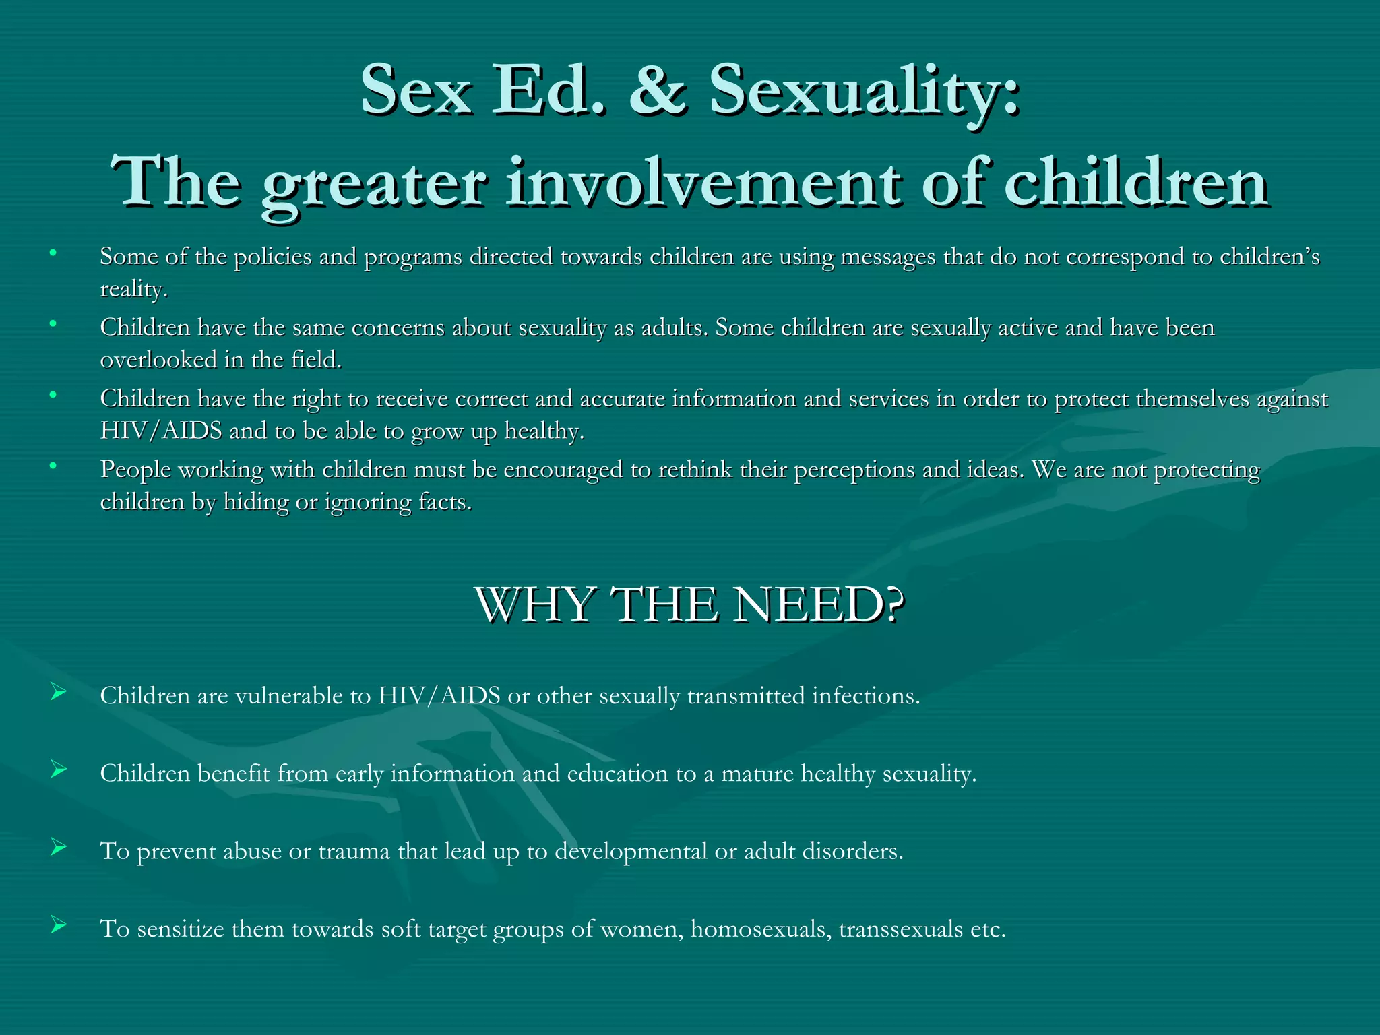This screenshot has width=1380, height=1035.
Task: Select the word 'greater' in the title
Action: (x=373, y=183)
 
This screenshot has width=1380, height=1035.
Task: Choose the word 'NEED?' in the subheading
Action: (x=819, y=604)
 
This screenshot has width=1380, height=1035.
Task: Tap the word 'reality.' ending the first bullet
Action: (x=133, y=289)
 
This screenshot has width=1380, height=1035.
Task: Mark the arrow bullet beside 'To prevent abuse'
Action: (x=59, y=848)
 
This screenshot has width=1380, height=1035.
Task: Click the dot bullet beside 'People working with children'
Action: (x=53, y=465)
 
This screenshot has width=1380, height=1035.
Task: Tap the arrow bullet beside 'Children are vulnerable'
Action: (x=59, y=692)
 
